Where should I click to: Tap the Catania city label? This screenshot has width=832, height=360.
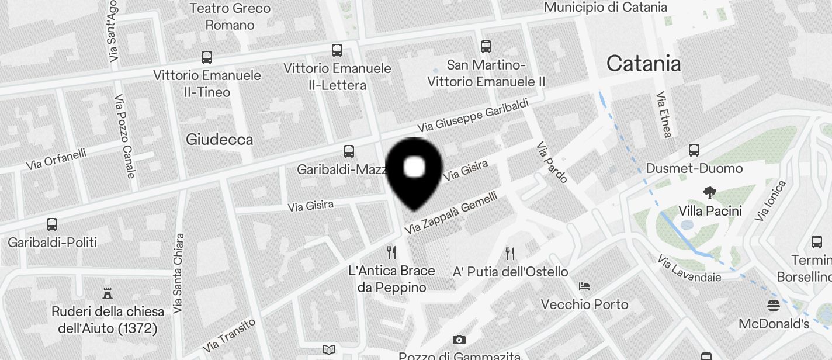pyautogui.click(x=643, y=63)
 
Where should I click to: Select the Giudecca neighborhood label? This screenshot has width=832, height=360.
pyautogui.click(x=219, y=139)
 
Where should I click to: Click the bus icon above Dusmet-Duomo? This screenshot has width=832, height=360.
pyautogui.click(x=694, y=150)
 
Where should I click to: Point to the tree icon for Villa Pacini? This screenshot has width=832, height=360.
pyautogui.click(x=710, y=192)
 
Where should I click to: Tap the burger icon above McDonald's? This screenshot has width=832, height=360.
pyautogui.click(x=774, y=305)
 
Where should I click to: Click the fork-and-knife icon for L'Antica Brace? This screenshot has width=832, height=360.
pyautogui.click(x=391, y=252)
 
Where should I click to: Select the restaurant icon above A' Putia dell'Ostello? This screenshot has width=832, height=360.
pyautogui.click(x=510, y=253)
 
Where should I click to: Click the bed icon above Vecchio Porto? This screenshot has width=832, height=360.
pyautogui.click(x=584, y=286)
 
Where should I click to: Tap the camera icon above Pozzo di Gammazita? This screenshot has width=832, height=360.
pyautogui.click(x=459, y=340)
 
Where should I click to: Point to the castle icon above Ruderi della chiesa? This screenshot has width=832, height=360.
pyautogui.click(x=108, y=292)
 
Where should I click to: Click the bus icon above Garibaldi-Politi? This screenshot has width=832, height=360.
pyautogui.click(x=52, y=224)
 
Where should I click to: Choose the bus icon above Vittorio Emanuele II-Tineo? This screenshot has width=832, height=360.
pyautogui.click(x=207, y=57)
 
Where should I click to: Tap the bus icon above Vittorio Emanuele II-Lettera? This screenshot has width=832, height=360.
pyautogui.click(x=337, y=50)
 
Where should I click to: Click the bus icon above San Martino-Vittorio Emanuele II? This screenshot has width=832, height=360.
pyautogui.click(x=486, y=46)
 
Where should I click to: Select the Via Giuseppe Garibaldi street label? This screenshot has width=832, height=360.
pyautogui.click(x=473, y=115)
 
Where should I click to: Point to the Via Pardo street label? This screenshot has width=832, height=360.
pyautogui.click(x=552, y=162)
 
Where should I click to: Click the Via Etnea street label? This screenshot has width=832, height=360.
pyautogui.click(x=664, y=115)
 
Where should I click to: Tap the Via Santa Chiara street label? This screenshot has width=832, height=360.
pyautogui.click(x=178, y=273)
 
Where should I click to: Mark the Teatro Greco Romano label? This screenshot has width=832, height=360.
pyautogui.click(x=230, y=16)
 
